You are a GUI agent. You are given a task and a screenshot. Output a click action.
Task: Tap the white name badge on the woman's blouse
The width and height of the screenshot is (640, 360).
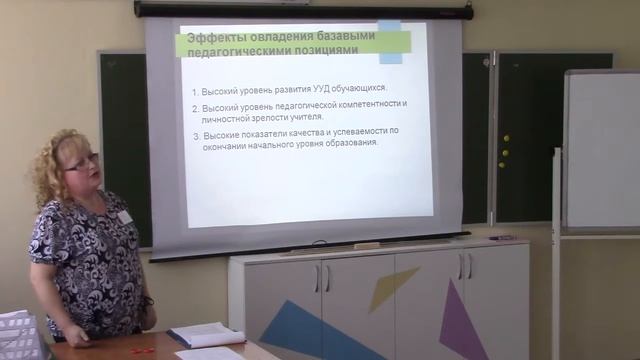[x=124, y=216]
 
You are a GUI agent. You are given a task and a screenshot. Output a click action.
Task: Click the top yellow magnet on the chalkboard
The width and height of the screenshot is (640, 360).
[x=506, y=138]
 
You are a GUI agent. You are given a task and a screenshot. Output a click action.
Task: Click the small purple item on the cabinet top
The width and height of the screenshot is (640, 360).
[x=502, y=238]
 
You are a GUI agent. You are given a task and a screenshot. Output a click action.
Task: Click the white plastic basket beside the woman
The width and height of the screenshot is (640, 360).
[x=18, y=336]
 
